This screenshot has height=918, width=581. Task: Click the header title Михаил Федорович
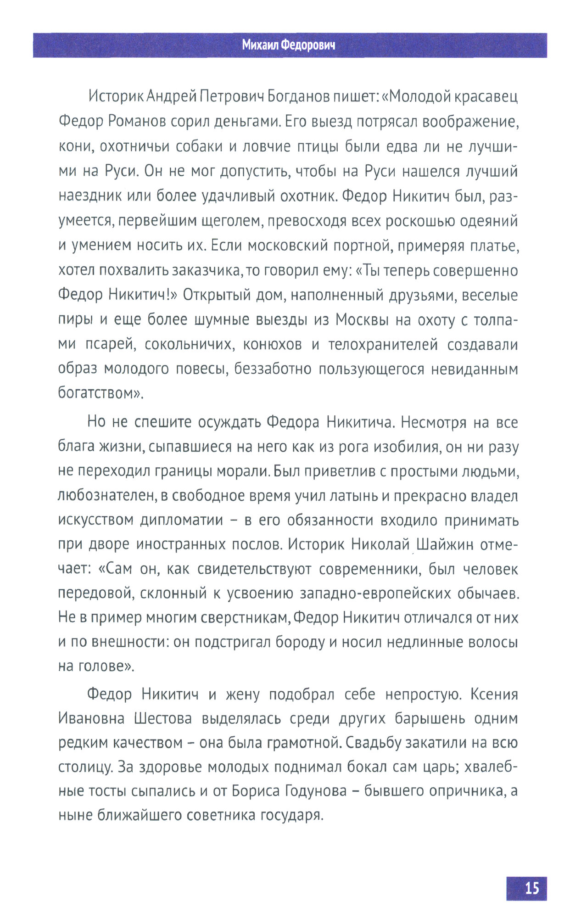pyautogui.click(x=289, y=45)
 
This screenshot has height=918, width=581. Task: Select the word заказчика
pyautogui.click(x=206, y=270)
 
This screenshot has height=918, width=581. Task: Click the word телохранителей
pyautogui.click(x=383, y=344)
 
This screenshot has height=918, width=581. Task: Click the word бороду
pyautogui.click(x=300, y=642)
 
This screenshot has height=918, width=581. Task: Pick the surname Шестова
pyautogui.click(x=163, y=718)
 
